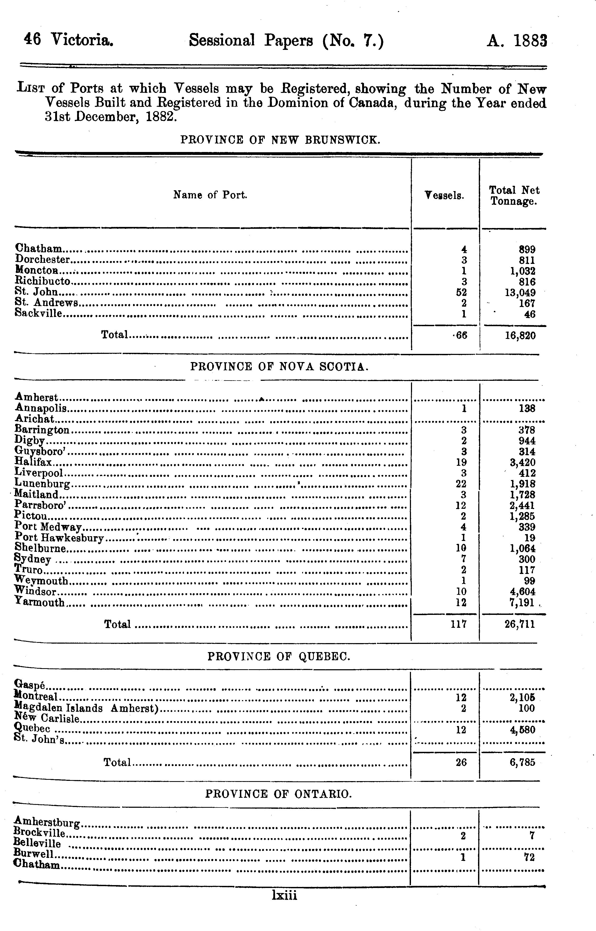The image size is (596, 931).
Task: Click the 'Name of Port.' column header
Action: [210, 195]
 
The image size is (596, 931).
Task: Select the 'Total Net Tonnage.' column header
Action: [514, 195]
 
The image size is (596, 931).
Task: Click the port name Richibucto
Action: [42, 281]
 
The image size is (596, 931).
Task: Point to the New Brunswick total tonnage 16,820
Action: [520, 335]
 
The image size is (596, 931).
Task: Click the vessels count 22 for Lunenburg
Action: [461, 484]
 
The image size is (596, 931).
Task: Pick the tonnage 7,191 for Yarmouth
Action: [521, 602]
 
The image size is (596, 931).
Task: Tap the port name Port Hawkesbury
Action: [59, 538]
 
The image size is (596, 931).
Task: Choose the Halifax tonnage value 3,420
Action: [521, 462]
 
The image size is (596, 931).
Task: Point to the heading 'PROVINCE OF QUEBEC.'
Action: [279, 657]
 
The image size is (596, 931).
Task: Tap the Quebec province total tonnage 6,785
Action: [522, 762]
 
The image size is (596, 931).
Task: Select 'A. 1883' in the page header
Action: [516, 40]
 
